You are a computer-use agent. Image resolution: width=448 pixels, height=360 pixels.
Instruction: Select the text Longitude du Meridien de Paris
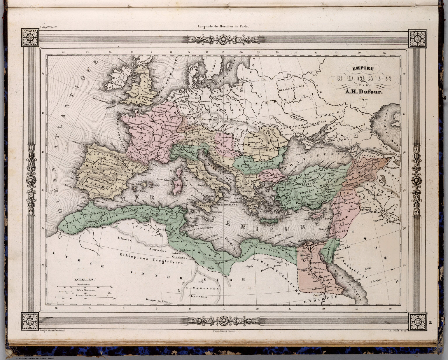point(224,26)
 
